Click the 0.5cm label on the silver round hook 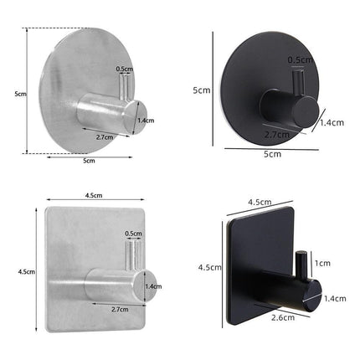tap(125, 69)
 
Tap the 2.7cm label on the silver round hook tap(105, 136)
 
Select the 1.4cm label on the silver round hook tap(146, 121)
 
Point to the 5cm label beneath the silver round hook tap(88, 161)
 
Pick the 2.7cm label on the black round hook tap(276, 134)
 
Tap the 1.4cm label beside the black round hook tap(332, 122)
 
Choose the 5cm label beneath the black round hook tap(271, 155)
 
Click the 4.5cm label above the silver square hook tap(94, 196)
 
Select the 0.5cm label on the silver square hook tap(132, 234)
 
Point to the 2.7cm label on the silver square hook tap(119, 309)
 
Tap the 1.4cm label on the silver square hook tap(153, 286)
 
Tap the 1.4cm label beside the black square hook tap(335, 297)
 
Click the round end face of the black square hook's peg tap(311, 297)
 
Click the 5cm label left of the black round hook tap(201, 90)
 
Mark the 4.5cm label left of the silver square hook tap(26, 271)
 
